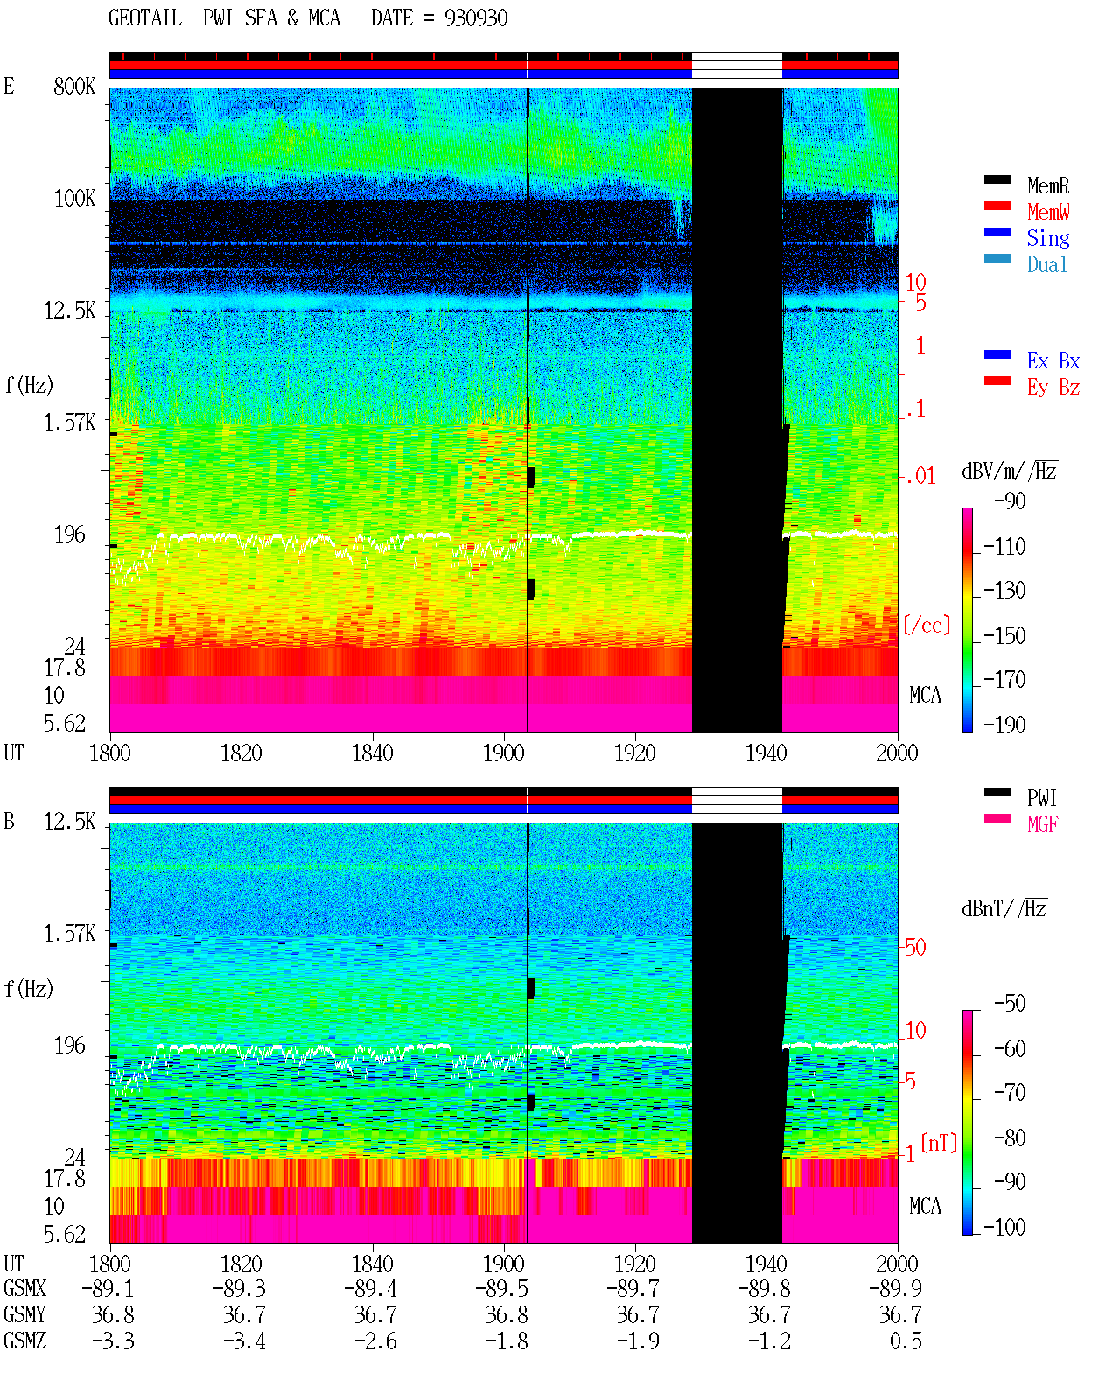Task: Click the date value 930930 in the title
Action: click(475, 18)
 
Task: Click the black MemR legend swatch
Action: click(997, 179)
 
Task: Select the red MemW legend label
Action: click(1047, 211)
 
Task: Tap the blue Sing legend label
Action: click(1047, 238)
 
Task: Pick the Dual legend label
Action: click(1046, 264)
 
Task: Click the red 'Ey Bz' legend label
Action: click(1053, 387)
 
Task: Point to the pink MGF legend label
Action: click(1042, 824)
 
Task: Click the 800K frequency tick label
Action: click(73, 86)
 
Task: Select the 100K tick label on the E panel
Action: click(73, 199)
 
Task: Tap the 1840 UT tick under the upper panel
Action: click(373, 753)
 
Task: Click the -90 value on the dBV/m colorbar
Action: click(1010, 501)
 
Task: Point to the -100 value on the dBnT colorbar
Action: click(1004, 1227)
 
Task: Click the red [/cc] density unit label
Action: click(927, 625)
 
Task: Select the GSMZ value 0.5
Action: click(906, 1341)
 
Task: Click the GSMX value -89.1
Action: click(108, 1288)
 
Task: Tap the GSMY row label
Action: click(24, 1314)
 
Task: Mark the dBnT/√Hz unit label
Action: click(1004, 908)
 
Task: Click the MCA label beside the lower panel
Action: click(925, 1206)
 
